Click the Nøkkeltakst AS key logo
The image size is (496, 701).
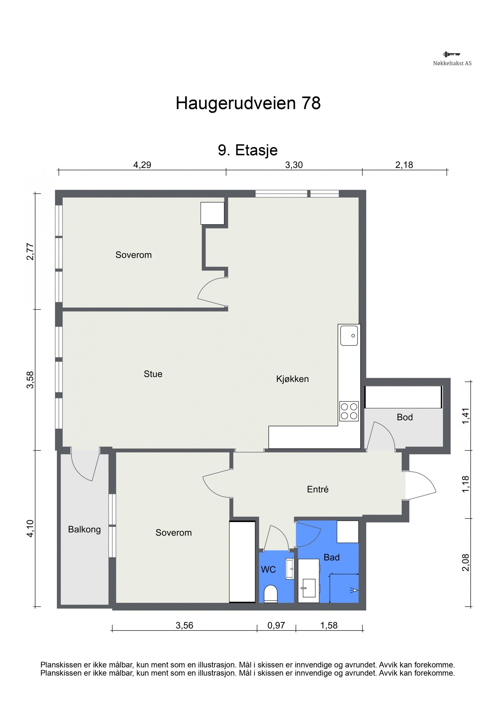[451, 55]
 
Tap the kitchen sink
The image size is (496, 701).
[349, 335]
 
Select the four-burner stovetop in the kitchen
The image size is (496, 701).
[349, 411]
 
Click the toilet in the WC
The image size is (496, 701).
[270, 594]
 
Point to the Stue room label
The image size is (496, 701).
[153, 374]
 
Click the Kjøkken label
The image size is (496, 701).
[292, 379]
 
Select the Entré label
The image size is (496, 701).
[317, 489]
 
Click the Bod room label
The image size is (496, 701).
[405, 417]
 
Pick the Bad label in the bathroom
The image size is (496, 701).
[331, 557]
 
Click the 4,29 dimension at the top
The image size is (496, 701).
[142, 165]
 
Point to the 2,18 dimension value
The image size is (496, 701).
[404, 165]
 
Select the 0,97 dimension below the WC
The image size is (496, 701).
[276, 625]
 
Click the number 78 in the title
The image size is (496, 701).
[311, 103]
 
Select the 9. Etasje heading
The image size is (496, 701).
[248, 150]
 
